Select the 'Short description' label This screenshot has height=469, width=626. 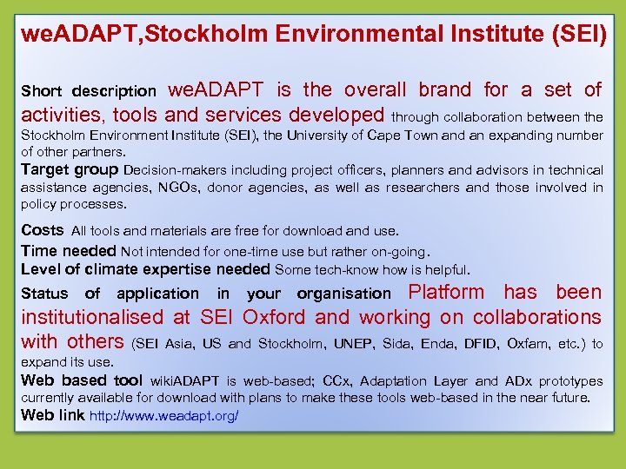coord(89,91)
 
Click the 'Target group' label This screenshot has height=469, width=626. coord(70,169)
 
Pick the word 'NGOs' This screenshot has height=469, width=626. coord(180,188)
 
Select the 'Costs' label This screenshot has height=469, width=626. coord(43,230)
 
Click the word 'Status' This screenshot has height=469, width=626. coord(44,294)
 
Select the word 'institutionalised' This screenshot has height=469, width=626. coord(91,318)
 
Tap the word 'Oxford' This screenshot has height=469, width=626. coord(274,318)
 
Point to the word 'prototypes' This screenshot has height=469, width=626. coord(570,381)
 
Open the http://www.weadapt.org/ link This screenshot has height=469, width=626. coord(163,416)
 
